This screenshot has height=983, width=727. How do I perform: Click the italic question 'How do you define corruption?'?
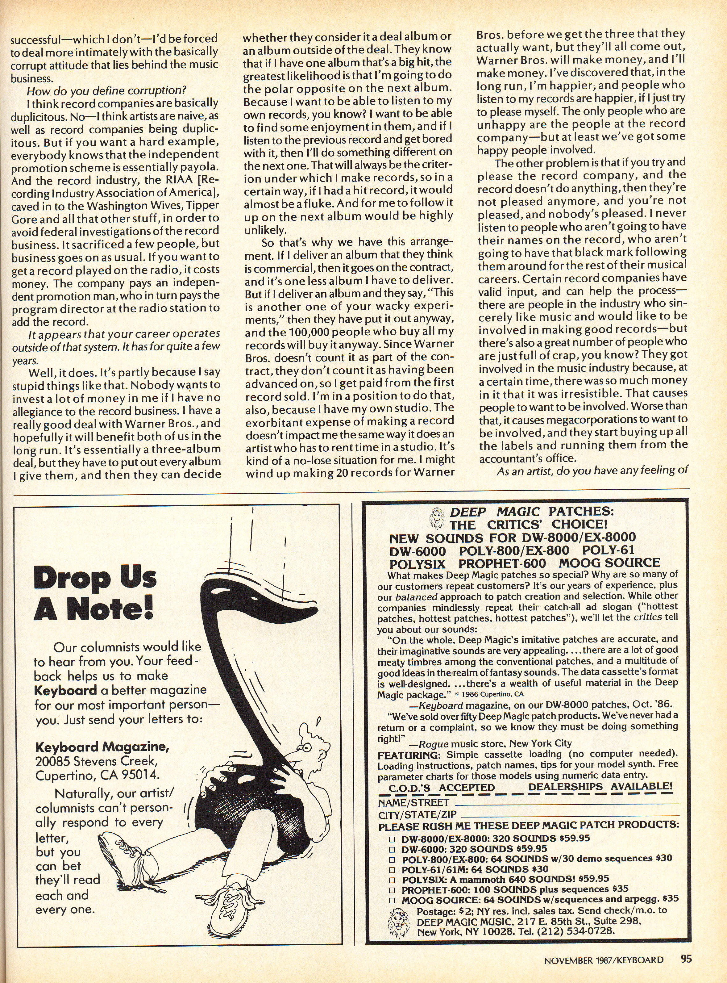(106, 91)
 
